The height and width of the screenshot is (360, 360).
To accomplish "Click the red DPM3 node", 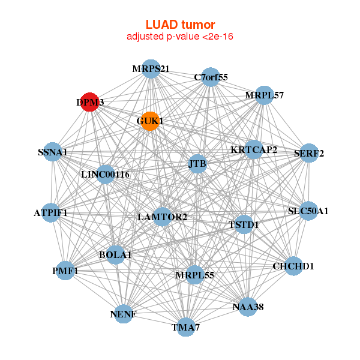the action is (89, 102).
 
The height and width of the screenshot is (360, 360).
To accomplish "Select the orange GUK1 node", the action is (149, 121).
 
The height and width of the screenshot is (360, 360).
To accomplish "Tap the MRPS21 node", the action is (151, 69).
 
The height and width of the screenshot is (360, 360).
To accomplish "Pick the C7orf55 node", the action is (210, 77).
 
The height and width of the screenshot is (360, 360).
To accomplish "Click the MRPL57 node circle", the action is (264, 95).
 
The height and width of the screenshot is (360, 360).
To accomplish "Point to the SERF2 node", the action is (308, 153).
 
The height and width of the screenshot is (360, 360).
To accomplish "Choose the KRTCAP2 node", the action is (253, 149).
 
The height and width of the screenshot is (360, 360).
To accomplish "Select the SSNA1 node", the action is (53, 153).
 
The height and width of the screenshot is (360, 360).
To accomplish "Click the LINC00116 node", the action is (106, 175).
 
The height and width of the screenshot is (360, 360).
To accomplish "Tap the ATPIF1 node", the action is (51, 212).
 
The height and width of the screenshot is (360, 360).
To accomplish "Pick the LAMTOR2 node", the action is (163, 216).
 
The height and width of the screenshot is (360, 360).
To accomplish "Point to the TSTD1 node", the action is (243, 224).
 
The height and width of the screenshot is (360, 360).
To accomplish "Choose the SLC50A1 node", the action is (308, 211).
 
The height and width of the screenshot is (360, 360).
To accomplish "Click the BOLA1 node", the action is (115, 254).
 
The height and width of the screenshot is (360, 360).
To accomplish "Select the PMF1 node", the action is (65, 271).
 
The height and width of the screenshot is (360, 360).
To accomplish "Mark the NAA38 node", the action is (248, 307).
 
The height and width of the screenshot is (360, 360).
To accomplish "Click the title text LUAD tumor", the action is (180, 25).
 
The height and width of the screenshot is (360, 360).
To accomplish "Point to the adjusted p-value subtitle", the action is (180, 37).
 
